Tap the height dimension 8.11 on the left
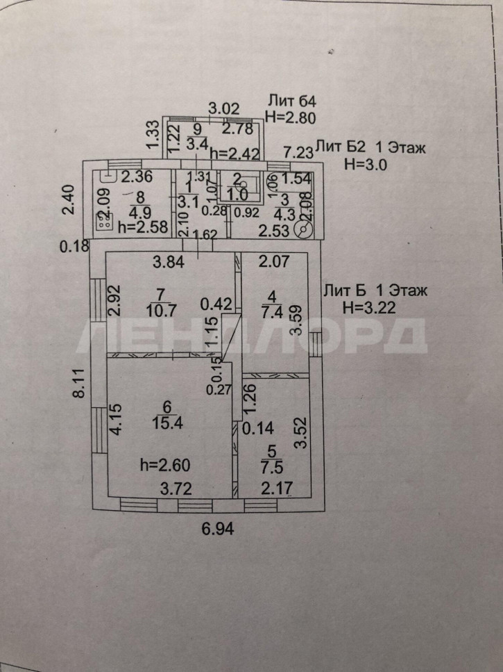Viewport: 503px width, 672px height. [x=80, y=383]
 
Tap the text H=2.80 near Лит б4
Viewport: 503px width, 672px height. [x=291, y=118]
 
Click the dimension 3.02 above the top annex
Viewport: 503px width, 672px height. [x=224, y=108]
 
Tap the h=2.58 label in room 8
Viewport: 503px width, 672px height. [x=142, y=226]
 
